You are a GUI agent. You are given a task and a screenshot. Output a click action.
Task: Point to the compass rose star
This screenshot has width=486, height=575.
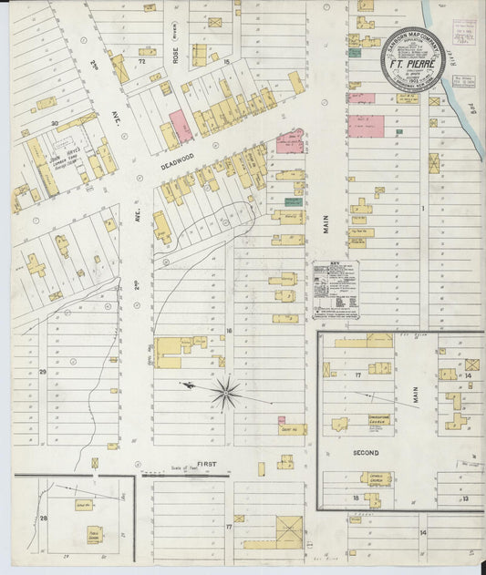coord(224,393)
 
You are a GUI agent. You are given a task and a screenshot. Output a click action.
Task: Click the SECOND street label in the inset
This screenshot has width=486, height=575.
coord(366,451)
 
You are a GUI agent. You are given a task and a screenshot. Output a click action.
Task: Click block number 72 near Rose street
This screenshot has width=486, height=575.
coord(141,62)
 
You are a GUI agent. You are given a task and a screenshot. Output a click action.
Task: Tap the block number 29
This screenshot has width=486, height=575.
coord(43,372)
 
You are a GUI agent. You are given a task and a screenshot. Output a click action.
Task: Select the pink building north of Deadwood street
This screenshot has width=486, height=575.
coord(181,126)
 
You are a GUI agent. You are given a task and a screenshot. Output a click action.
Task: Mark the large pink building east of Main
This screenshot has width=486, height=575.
coord(367,125)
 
